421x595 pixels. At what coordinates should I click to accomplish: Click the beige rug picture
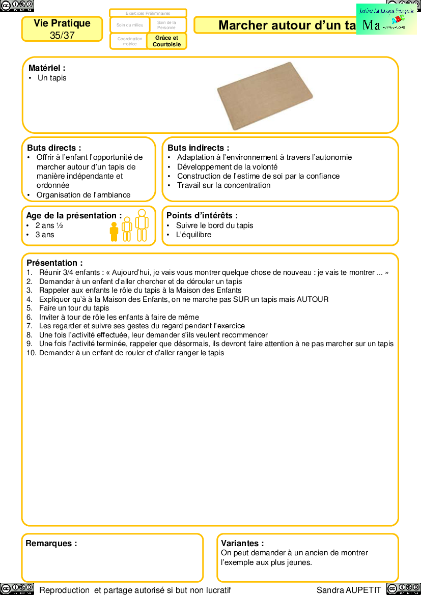(x=265, y=96)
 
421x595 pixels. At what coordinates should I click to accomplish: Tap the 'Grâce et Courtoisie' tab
(x=166, y=41)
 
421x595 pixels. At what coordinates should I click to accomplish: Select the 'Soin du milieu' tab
(x=130, y=25)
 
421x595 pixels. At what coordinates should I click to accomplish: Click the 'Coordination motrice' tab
(x=130, y=41)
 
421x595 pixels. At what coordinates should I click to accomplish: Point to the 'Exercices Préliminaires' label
(x=148, y=13)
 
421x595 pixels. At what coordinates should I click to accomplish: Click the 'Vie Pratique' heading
(x=62, y=23)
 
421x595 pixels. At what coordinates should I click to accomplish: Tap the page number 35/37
(x=62, y=36)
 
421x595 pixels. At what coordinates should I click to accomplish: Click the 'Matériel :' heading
(x=47, y=68)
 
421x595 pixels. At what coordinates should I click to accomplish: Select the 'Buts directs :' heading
(x=54, y=148)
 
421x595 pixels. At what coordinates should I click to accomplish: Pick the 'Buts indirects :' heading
(x=198, y=148)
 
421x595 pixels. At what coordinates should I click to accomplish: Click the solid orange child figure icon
(x=114, y=232)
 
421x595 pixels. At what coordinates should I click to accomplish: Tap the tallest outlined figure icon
(x=142, y=225)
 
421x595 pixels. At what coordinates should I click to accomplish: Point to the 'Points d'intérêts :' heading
(x=202, y=216)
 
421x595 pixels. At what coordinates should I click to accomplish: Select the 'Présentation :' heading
(x=54, y=263)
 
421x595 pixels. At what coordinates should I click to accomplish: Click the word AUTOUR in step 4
(x=313, y=299)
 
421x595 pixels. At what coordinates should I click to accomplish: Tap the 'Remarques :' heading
(x=51, y=543)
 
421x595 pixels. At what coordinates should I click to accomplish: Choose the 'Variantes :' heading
(x=242, y=543)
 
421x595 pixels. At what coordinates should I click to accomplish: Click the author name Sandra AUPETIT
(x=349, y=590)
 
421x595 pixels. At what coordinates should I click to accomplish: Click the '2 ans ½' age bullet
(x=49, y=225)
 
